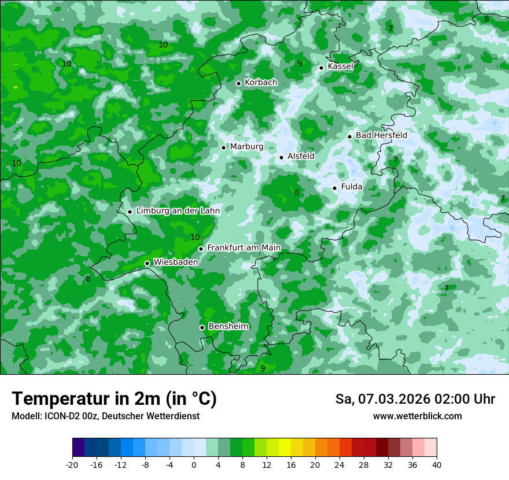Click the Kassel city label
pos(340,67)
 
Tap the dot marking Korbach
pos(238,83)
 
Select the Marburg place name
pos(246,147)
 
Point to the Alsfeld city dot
pos(281,157)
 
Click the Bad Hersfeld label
pos(381,135)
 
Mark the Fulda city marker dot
pos(334,188)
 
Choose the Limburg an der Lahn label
pos(178,211)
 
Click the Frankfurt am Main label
pos(244,248)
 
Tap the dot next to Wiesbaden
pos(147,263)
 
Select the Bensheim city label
pos(228,327)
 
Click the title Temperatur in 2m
pos(114,399)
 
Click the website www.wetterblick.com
pos(417,416)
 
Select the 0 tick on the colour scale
pos(194,464)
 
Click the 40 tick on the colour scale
pos(437,464)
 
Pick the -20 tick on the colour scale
pos(72,464)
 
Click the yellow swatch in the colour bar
pos(285,448)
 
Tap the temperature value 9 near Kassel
pos(300,64)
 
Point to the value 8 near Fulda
pos(297,193)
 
